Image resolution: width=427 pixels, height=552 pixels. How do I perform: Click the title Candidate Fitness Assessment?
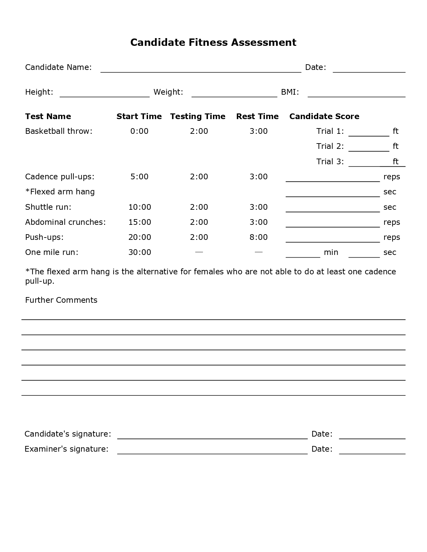point(213,42)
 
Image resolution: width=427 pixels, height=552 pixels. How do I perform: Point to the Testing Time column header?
point(198,116)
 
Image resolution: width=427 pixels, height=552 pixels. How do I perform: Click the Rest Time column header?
point(257,116)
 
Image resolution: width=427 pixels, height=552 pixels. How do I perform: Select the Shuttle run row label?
point(48,207)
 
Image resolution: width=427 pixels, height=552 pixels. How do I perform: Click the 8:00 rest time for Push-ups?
point(259,237)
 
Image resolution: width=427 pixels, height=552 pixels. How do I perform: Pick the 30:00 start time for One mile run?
point(140,252)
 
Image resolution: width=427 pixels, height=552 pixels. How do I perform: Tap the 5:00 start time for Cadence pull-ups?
point(139,177)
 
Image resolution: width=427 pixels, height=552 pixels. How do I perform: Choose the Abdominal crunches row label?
point(65,222)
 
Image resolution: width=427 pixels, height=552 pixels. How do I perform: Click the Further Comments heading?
point(61,300)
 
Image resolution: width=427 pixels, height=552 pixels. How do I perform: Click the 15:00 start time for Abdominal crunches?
point(140,222)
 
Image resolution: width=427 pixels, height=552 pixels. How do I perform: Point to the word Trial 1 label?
point(330,131)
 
